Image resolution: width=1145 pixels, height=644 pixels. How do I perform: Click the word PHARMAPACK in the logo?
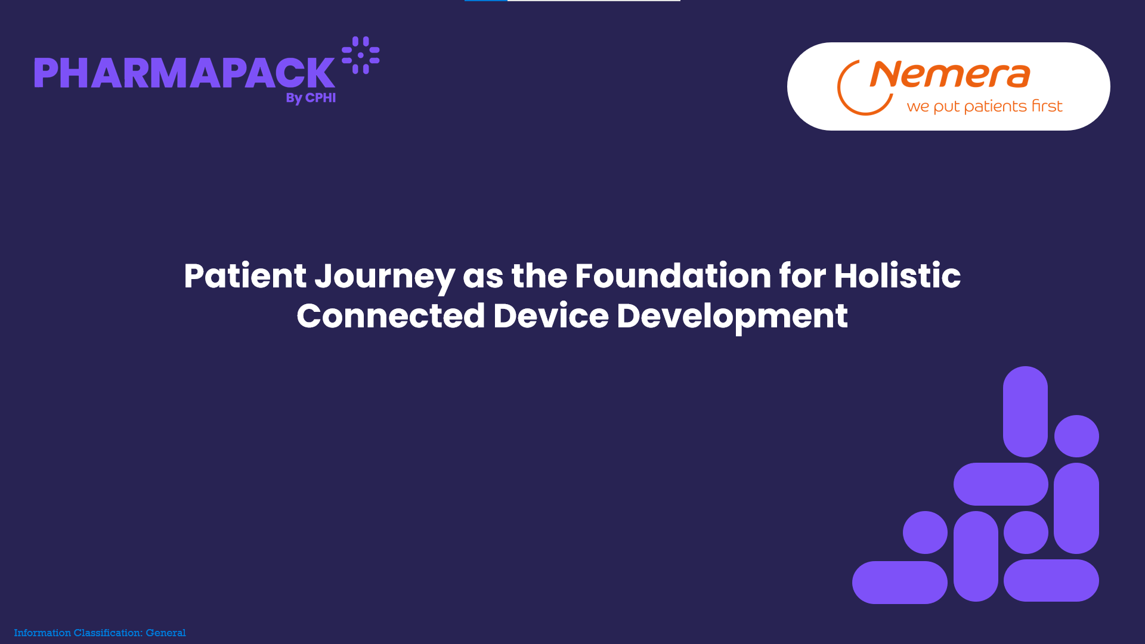point(184,73)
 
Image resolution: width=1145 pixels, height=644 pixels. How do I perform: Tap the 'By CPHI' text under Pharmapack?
point(311,98)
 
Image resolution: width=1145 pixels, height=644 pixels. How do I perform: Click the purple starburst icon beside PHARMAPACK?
point(360,55)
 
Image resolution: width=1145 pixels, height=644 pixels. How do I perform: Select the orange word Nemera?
point(950,75)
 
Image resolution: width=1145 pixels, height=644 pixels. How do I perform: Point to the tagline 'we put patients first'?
point(985,106)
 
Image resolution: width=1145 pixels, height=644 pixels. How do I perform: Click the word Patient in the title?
point(245,275)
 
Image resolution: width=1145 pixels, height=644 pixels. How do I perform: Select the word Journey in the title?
point(385,277)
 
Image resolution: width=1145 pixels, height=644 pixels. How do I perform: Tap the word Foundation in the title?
point(673,275)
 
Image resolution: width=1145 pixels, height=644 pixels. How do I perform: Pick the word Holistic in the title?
point(897,275)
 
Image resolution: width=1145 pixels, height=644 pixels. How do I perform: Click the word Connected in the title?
point(391,315)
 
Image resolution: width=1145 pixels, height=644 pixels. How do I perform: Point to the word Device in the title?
point(551,315)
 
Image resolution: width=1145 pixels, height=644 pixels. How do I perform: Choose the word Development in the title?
point(732,317)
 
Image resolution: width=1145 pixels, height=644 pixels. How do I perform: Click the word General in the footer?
point(166,633)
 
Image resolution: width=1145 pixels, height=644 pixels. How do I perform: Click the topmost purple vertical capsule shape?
point(1025,411)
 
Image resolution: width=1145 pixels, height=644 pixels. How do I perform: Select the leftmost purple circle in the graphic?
point(925,532)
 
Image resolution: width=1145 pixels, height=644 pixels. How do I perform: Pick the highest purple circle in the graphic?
point(1076,436)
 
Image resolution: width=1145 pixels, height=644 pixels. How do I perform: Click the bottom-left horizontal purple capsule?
point(900,583)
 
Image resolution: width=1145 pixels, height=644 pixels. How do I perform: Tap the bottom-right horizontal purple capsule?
point(1051,580)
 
